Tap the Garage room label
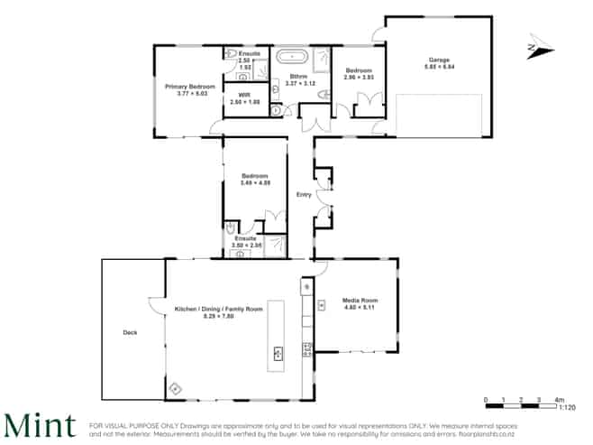tap(439, 60)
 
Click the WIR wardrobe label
tap(244, 94)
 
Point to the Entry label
tap(303, 194)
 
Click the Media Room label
tap(359, 300)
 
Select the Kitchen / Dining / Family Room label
tap(218, 309)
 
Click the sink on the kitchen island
tap(276, 353)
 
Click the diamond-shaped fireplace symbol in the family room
tap(175, 388)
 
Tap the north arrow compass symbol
tap(538, 48)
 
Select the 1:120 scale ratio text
tap(566, 408)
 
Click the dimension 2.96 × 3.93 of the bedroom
tap(358, 78)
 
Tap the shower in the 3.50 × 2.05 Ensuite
tap(274, 244)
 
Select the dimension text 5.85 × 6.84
tap(439, 67)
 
